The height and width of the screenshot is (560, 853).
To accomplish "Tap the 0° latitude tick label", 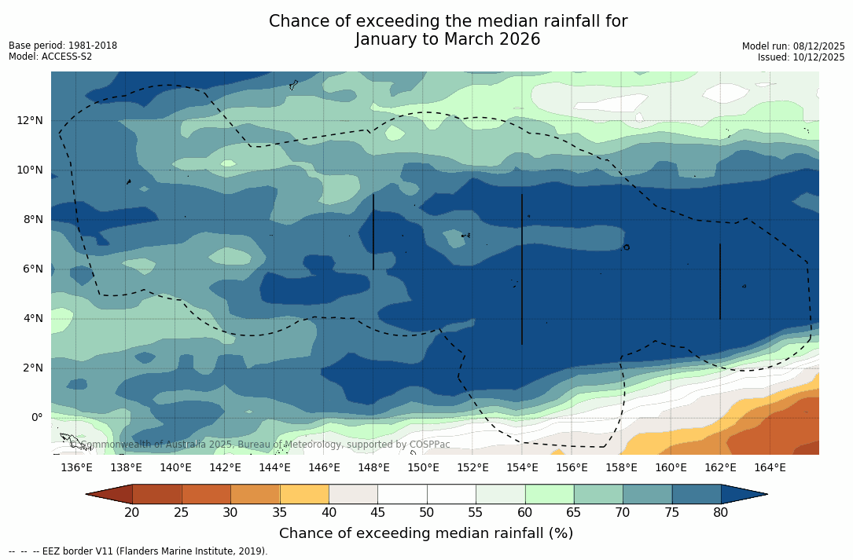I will tap(36, 417).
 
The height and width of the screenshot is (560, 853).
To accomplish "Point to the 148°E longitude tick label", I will tap(373, 468).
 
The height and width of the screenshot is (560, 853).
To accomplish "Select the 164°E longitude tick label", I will tap(770, 468).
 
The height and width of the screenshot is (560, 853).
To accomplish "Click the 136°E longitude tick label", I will tap(76, 468).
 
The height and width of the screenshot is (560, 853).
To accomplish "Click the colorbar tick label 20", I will tap(132, 513).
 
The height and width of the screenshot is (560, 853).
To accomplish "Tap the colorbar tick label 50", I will tap(427, 513).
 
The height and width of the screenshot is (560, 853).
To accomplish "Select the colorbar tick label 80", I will tap(721, 513).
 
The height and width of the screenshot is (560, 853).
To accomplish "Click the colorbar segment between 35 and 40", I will tap(304, 494).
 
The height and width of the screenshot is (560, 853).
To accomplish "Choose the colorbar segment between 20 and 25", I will tap(156, 494).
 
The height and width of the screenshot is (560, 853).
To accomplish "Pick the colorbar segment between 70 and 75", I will tap(647, 494).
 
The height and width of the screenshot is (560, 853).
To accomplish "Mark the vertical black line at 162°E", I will tap(720, 281).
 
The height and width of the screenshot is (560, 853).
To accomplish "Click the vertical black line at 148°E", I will tap(373, 232).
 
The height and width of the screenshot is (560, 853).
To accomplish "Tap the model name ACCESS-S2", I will tap(68, 57).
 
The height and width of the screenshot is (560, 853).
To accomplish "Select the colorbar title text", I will tap(426, 533).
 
